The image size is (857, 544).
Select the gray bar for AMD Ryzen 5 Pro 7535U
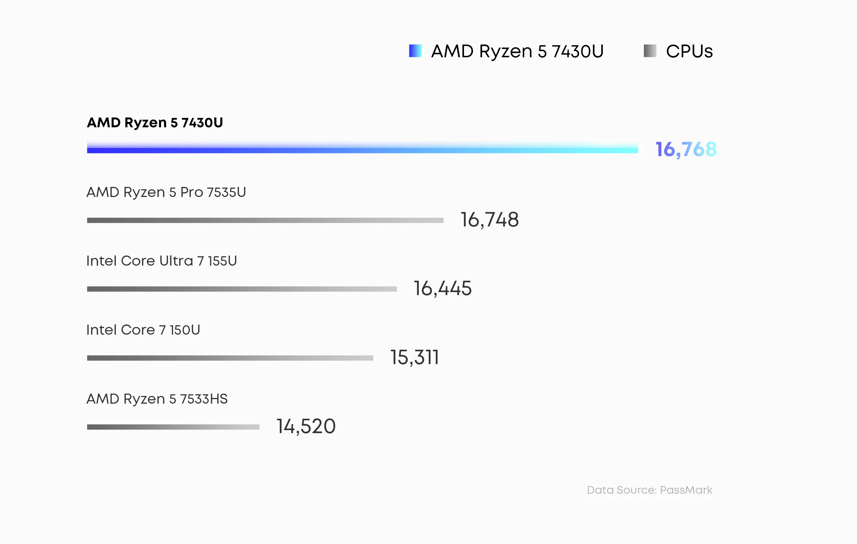265,220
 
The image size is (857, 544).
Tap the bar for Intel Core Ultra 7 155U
242,289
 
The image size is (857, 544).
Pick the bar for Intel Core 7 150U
230,358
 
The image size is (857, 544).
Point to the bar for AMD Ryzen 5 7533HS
173,427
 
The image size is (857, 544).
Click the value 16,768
686,149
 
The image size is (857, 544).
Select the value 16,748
489,220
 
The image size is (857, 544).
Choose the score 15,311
415,357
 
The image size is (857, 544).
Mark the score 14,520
306,426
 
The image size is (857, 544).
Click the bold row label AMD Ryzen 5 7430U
155,123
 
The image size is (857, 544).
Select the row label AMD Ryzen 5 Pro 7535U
166,192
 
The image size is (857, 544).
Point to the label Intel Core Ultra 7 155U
162,261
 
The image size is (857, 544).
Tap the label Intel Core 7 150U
143,330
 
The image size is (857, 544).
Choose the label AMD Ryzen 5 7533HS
157,399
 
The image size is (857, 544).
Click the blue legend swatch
415,51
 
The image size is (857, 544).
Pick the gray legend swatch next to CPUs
650,51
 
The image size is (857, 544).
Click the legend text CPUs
689,51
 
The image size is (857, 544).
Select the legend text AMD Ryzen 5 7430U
517,51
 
